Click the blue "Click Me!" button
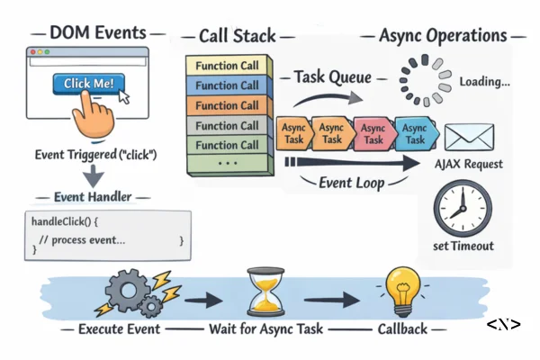coord(88,84)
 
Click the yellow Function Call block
coord(229,66)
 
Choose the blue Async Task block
coord(417,133)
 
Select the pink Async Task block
coord(373,134)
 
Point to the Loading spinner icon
coord(424,82)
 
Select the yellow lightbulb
coord(399,291)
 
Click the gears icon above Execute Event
coord(131,292)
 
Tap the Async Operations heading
coord(445,36)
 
